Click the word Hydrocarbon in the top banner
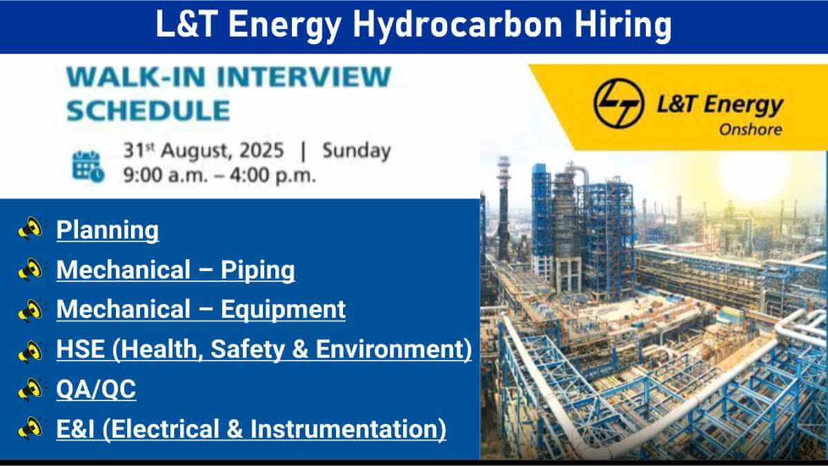click(458, 25)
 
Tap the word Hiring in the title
click(623, 25)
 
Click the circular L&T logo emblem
click(619, 103)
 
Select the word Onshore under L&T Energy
click(751, 130)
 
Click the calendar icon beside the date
click(88, 167)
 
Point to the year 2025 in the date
click(262, 151)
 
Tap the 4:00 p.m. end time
click(273, 175)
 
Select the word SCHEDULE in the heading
click(148, 110)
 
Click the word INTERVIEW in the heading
click(304, 77)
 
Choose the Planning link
click(108, 230)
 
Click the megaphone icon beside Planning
click(30, 229)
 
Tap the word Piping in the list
click(257, 270)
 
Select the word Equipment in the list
click(283, 310)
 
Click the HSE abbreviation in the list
click(81, 349)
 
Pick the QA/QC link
click(96, 389)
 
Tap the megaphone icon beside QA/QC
click(30, 389)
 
